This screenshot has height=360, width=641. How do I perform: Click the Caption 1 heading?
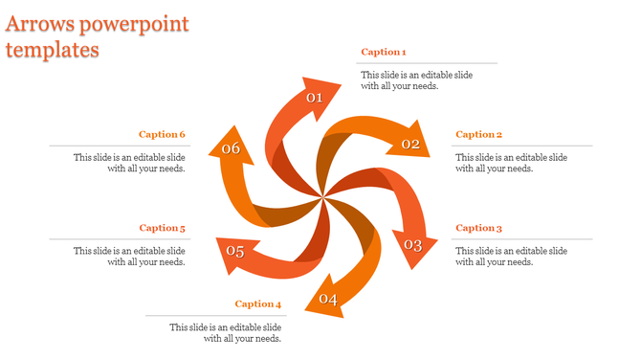pos(384,52)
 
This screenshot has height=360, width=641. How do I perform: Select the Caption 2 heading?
pos(479,134)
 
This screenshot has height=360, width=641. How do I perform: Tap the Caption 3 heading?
pos(479,228)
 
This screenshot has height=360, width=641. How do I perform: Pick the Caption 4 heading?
pos(258,304)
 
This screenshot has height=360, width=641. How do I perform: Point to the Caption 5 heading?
pos(162,228)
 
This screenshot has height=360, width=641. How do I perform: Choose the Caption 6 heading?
pos(162,134)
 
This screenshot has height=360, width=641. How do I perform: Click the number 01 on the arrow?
pos(315,98)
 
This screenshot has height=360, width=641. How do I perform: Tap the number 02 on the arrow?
pos(411,145)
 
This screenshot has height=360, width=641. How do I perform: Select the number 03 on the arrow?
pos(412,245)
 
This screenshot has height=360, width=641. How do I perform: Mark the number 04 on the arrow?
pos(329,300)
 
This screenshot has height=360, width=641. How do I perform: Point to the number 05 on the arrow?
pos(235,252)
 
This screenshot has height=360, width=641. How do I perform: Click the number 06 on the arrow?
pos(231,148)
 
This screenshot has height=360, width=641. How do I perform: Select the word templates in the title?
pos(53,50)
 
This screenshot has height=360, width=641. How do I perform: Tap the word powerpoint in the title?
pos(135,23)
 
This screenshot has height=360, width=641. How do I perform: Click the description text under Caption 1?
pos(416,80)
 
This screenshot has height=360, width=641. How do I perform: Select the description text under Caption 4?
pos(226,332)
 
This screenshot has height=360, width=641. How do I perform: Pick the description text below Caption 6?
pos(129,163)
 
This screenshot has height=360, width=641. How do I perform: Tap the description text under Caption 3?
pos(511,256)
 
